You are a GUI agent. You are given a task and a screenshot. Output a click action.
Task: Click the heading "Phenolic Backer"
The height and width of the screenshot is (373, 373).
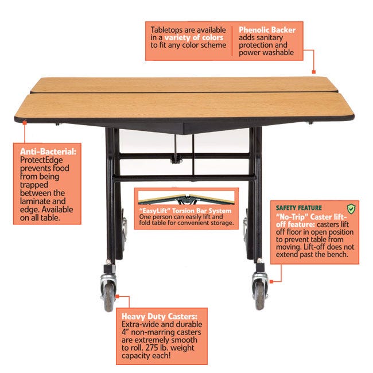tap(267, 30)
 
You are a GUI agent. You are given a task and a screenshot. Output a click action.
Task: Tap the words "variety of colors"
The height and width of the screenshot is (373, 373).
tap(194, 37)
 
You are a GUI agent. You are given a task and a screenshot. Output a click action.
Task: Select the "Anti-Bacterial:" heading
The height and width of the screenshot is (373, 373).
tap(48, 151)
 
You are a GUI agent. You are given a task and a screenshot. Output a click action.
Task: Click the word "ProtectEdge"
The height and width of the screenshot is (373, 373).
tap(41, 160)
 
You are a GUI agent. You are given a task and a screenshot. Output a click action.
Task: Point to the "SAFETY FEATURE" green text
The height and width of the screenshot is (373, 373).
tap(299, 208)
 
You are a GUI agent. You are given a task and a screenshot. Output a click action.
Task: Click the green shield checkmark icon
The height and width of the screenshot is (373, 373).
tap(351, 209)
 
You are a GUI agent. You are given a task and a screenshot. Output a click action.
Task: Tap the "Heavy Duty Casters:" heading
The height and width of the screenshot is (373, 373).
tap(160, 316)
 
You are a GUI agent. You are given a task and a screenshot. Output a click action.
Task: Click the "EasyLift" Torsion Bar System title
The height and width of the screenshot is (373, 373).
tap(185, 211)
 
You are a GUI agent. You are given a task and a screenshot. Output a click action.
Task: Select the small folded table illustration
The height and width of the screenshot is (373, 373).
tap(187, 199)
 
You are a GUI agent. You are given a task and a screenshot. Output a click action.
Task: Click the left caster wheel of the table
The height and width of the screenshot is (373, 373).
tap(108, 297)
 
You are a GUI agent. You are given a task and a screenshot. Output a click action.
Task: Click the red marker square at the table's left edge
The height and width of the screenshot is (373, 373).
tap(25, 122)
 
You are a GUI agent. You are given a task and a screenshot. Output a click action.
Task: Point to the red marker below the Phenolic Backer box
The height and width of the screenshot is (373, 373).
tap(314, 72)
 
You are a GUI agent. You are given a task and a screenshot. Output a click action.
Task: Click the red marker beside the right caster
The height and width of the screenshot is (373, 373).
tap(271, 282)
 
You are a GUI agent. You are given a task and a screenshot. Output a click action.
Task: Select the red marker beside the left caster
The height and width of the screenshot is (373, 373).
tap(117, 297)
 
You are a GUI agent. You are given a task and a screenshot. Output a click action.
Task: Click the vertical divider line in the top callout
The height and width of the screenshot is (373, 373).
tap(232, 41)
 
